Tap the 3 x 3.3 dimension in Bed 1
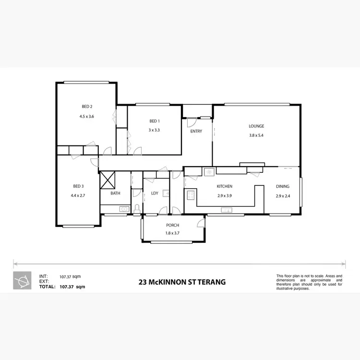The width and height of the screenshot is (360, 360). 154,130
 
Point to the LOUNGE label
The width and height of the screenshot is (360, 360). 256,126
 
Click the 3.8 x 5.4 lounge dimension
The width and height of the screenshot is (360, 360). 256,135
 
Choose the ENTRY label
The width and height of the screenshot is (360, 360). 196,131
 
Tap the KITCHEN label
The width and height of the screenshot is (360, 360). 225,186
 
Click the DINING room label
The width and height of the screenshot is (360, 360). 283,186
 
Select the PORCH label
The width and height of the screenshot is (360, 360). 173,225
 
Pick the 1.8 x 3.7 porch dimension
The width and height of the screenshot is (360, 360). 173,234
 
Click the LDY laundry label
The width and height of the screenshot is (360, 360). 155,193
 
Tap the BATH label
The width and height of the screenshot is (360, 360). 115,193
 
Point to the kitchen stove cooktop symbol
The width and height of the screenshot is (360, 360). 190,195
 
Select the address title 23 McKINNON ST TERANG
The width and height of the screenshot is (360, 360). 182,282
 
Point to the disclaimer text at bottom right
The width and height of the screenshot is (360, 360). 309,282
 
